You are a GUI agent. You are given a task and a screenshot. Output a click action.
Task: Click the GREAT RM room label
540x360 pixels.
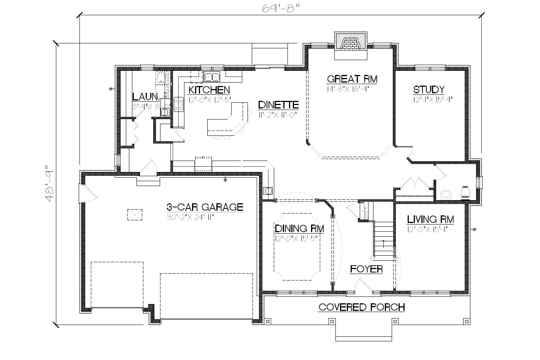coord(352,79)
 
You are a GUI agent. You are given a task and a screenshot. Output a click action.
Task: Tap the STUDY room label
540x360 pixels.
coord(429,90)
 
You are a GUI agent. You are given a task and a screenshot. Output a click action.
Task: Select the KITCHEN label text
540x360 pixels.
coord(209,90)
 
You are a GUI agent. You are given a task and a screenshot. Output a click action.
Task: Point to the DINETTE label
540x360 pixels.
coord(278,105)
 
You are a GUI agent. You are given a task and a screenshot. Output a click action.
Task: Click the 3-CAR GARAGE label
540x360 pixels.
coord(205,207)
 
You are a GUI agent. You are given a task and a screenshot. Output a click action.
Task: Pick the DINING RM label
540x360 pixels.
coord(299,228)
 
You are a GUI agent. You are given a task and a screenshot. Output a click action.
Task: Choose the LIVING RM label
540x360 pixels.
coord(430,220)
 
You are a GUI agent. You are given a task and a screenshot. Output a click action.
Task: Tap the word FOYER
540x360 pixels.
coord(366,269)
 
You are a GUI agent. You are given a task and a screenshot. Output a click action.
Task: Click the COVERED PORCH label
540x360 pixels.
coord(361,307)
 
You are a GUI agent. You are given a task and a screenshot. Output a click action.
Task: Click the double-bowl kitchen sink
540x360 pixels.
coord(212,77)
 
